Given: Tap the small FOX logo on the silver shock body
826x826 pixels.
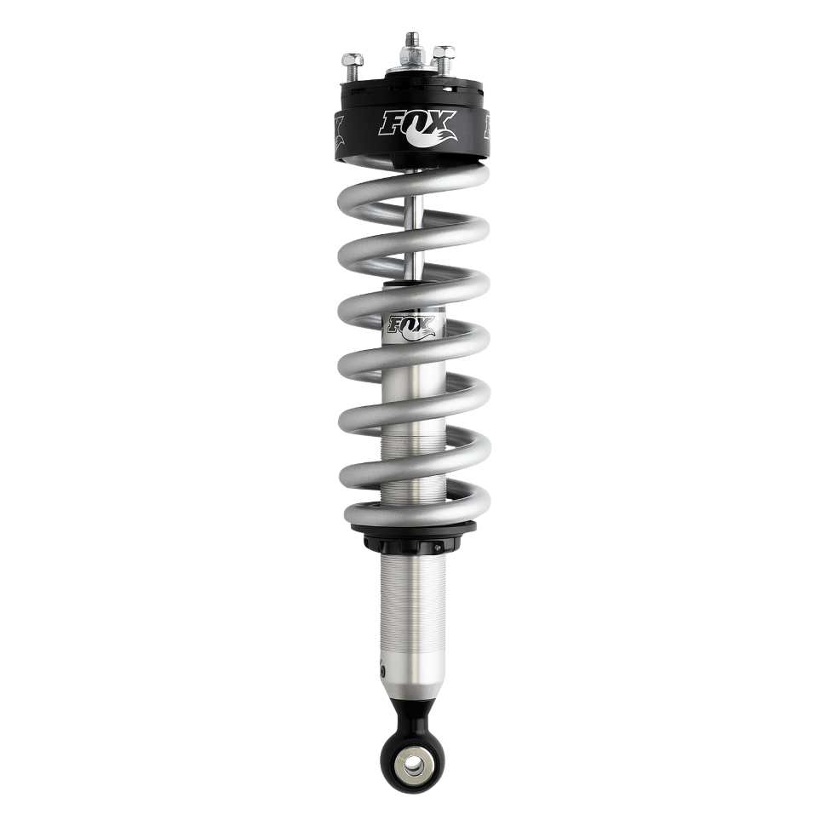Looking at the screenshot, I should click(x=413, y=326).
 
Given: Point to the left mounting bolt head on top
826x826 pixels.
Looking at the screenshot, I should click(x=352, y=61).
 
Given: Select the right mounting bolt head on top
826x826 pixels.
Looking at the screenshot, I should click(x=444, y=57).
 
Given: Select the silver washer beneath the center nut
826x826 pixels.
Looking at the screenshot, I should click(x=412, y=70).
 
